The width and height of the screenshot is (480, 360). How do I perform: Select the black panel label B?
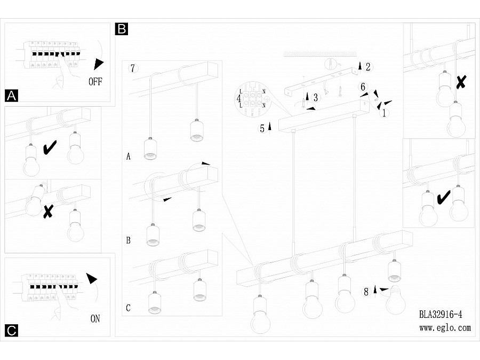[x=121, y=29]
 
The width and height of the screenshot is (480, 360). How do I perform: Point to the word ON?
[x=95, y=319]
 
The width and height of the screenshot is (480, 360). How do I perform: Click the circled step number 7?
[x=134, y=68]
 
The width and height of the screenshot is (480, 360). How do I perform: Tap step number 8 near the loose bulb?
[x=366, y=291]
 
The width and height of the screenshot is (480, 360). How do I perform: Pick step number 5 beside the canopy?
[x=262, y=128]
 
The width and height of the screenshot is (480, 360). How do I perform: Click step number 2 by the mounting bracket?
[x=368, y=67]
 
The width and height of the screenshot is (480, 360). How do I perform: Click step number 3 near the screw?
[x=316, y=98]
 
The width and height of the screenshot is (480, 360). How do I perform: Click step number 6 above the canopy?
[x=363, y=86]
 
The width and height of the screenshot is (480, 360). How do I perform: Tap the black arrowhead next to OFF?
[x=97, y=65]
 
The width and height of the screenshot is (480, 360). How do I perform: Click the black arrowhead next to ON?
[x=92, y=278]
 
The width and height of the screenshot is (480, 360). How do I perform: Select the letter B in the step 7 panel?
[x=128, y=240]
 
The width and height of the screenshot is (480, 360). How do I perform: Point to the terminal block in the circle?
[x=253, y=99]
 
